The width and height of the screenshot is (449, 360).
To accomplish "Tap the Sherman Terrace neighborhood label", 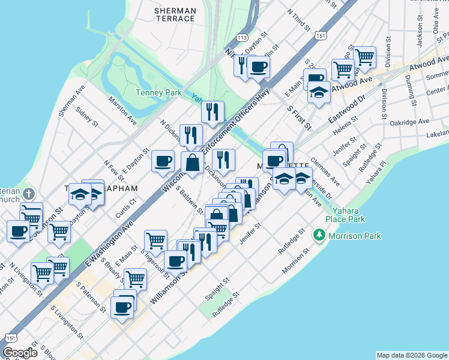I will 175,14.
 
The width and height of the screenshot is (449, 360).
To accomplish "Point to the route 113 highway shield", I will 243,37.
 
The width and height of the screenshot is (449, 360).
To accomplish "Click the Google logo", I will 20,352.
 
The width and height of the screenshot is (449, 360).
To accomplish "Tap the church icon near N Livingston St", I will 31,194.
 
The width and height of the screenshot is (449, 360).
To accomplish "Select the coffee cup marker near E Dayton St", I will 163,160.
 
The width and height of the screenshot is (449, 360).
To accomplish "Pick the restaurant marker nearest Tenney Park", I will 212,111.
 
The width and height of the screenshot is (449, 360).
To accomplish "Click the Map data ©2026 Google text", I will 411,355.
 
